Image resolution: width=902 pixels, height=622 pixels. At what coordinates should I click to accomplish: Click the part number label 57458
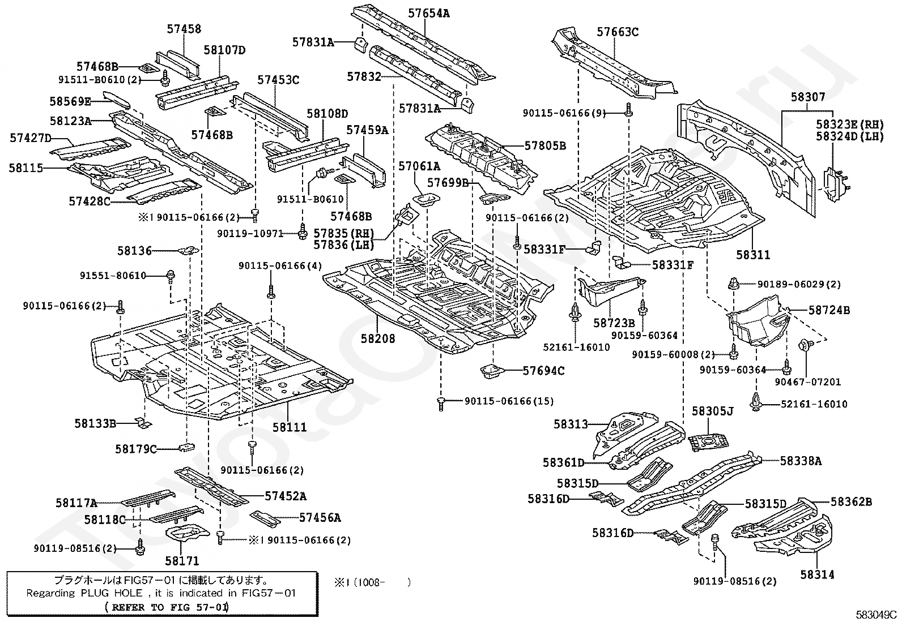(x=184, y=29)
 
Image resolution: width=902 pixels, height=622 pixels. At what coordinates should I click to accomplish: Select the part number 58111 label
(x=290, y=427)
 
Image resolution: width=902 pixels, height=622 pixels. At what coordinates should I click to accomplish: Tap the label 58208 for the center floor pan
(x=378, y=338)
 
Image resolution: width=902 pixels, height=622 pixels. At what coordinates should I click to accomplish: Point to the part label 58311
(x=753, y=255)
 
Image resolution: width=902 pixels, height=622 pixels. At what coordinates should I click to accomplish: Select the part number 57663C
(x=617, y=32)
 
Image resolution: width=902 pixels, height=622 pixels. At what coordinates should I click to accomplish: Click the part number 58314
(x=817, y=574)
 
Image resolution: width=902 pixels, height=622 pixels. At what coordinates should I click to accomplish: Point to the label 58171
(x=182, y=561)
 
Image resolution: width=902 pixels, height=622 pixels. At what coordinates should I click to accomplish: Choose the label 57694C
(x=543, y=371)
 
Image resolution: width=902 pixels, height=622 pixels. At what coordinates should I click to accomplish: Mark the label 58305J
(x=712, y=411)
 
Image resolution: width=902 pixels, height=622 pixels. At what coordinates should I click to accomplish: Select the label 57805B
(x=545, y=146)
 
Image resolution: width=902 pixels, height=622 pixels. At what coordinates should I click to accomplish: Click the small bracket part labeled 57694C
(x=490, y=372)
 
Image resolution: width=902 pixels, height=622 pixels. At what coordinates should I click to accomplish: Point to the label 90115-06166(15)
(x=509, y=401)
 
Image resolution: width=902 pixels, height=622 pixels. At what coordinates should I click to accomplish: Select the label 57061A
(x=419, y=166)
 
